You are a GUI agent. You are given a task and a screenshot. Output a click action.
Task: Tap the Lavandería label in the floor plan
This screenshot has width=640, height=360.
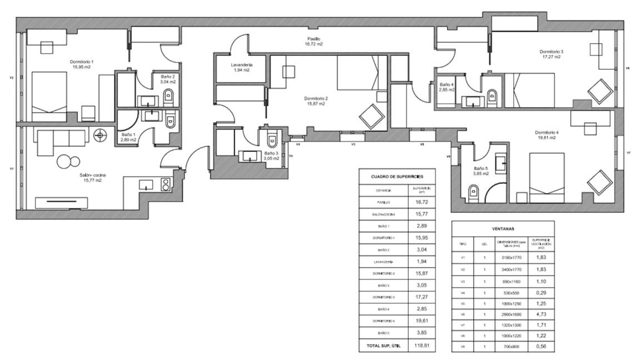tap(242, 67)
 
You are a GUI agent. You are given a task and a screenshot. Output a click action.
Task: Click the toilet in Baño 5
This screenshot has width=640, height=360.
tap(473, 192)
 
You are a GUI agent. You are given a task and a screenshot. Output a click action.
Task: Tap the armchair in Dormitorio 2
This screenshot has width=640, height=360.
tap(371, 117)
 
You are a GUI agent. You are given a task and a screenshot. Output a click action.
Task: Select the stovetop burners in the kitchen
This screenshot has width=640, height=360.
tap(165, 184)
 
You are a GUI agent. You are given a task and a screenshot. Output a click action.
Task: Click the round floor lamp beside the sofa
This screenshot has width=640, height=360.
tap(100, 134)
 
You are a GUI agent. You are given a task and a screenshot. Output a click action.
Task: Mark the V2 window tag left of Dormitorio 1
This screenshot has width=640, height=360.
tap(11, 78)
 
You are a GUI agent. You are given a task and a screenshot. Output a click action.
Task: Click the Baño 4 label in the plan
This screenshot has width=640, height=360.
tap(446, 87)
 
